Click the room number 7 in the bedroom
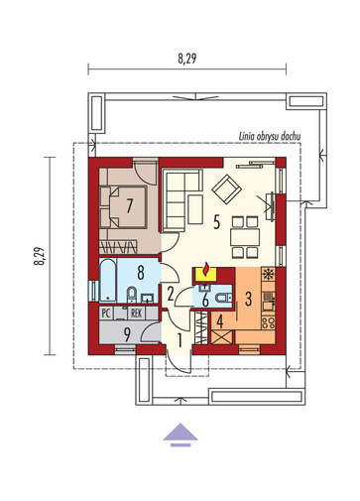pyautogui.click(x=129, y=205)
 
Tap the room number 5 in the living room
pyautogui.click(x=216, y=221)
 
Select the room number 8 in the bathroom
pyautogui.click(x=141, y=273)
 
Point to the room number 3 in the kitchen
pyautogui.click(x=248, y=299)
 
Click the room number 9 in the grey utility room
pyautogui.click(x=127, y=334)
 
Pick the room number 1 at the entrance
pyautogui.click(x=180, y=340)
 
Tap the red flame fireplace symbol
pyautogui.click(x=206, y=269)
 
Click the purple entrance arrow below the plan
pyautogui.click(x=180, y=435)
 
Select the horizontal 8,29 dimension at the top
pyautogui.click(x=187, y=59)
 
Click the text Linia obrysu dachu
pyautogui.click(x=270, y=136)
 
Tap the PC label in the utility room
pyautogui.click(x=106, y=313)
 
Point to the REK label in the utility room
pyautogui.click(x=137, y=313)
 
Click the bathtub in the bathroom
pyautogui.click(x=108, y=281)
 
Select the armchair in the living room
pyautogui.click(x=227, y=188)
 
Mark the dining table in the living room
pyautogui.click(x=245, y=237)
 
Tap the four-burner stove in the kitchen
pyautogui.click(x=268, y=322)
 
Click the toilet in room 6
pyautogui.click(x=222, y=299)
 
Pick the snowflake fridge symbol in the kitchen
pyautogui.click(x=268, y=274)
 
